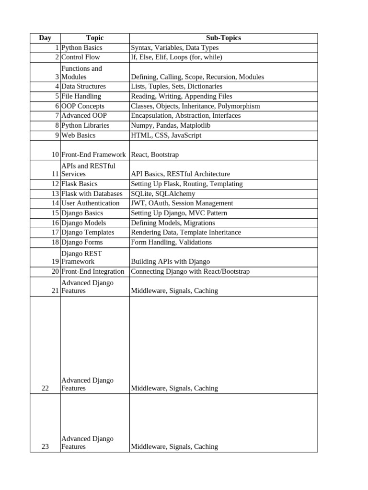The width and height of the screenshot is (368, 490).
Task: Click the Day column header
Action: (45, 38)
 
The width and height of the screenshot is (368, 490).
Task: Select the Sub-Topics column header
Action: (223, 38)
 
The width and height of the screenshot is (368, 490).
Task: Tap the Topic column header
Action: (94, 38)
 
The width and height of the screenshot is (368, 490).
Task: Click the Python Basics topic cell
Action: (82, 48)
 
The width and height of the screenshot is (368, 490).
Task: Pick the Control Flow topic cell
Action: (81, 57)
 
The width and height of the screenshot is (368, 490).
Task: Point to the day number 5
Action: (57, 96)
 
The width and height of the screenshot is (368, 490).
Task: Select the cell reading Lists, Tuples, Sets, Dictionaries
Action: (176, 87)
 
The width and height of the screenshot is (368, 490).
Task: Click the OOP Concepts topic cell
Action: (83, 106)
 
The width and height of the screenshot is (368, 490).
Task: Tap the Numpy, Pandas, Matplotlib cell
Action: (171, 125)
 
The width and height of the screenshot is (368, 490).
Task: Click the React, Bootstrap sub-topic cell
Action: (155, 155)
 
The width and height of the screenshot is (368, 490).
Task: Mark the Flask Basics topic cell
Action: (80, 184)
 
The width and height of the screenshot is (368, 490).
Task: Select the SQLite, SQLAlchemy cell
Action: (163, 194)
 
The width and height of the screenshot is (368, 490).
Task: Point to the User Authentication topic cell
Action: (91, 203)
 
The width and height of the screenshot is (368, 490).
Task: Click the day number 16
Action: (55, 223)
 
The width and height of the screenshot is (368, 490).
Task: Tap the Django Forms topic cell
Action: (82, 242)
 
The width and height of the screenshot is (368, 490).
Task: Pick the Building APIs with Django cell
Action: (170, 262)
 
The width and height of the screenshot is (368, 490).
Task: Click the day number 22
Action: (45, 389)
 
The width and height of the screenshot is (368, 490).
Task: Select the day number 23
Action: (45, 447)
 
